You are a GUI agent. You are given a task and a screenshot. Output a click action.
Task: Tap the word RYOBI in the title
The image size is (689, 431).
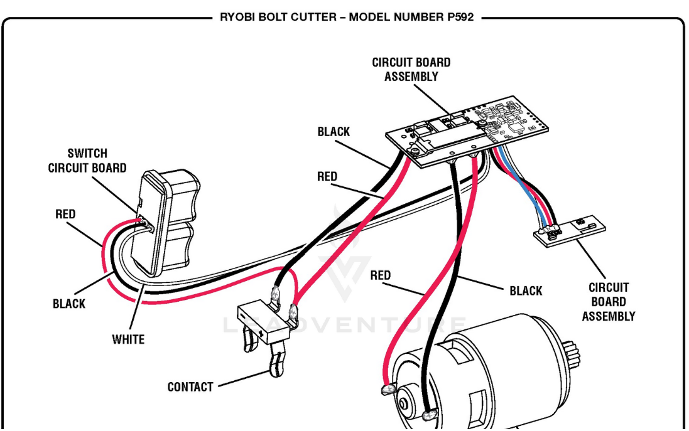[236, 17]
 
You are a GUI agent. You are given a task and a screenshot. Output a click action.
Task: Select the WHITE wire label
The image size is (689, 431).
[128, 339]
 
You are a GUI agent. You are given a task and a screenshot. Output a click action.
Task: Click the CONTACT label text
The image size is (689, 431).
[190, 387]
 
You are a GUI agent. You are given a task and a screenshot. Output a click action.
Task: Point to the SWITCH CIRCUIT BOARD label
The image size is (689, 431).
[87, 161]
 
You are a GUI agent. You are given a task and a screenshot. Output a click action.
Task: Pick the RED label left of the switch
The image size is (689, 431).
[65, 214]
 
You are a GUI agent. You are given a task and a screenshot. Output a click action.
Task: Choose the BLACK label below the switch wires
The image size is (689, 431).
[69, 304]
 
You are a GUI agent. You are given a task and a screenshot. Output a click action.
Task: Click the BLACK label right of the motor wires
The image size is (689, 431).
[526, 290]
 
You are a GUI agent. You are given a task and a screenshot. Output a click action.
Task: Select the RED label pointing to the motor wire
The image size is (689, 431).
[380, 275]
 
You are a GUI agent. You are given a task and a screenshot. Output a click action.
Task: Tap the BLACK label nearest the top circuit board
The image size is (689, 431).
[334, 132]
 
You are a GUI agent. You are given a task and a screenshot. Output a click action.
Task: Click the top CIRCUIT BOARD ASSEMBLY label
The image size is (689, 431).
[411, 70]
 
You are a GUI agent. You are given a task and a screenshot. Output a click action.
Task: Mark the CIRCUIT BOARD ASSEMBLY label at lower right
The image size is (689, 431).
[608, 302]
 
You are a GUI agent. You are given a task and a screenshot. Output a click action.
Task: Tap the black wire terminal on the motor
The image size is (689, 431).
[430, 415]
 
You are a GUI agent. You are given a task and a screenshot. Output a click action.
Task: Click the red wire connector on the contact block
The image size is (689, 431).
[293, 310]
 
